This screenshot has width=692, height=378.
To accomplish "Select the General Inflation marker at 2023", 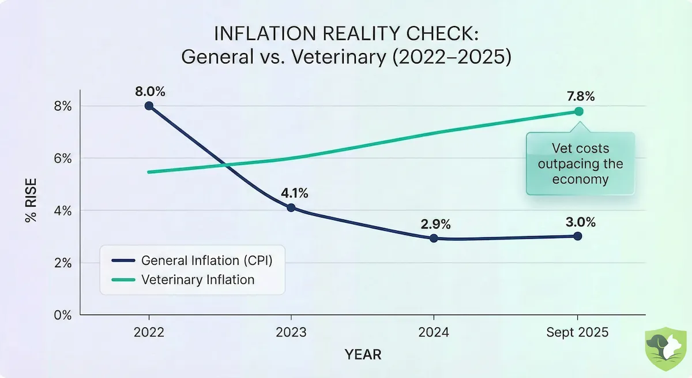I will (291, 208).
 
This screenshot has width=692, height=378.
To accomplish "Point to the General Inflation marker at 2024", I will (434, 238).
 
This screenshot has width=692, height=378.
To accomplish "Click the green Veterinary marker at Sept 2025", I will (578, 111).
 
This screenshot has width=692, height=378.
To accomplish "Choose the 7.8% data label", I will (579, 96).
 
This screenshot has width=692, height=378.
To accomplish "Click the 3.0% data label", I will (579, 222).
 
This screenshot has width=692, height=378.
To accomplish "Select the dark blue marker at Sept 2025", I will (578, 236).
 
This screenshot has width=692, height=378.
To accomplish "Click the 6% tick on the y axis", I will (63, 159).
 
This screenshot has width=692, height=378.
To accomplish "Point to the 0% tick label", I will (63, 316).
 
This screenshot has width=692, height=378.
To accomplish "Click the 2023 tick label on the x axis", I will (291, 333).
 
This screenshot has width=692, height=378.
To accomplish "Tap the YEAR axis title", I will (363, 354).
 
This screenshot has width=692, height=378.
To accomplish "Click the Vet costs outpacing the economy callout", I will (580, 164).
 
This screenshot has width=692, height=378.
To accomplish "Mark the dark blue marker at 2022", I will (149, 106).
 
